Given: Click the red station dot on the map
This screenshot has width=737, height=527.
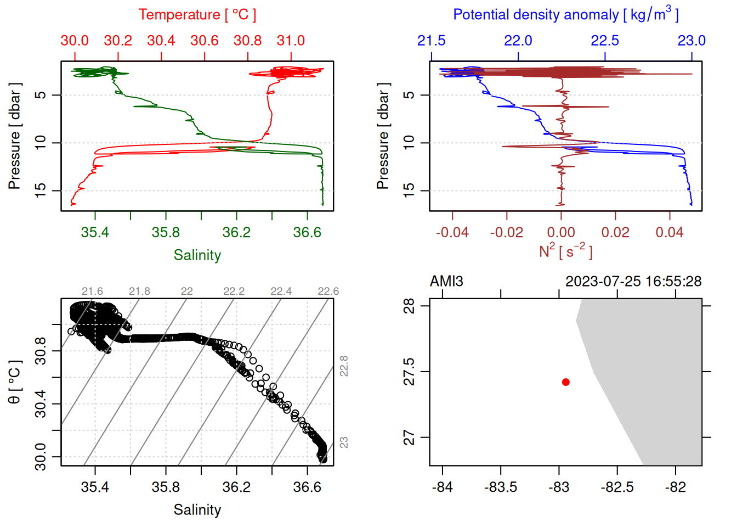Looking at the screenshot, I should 565,382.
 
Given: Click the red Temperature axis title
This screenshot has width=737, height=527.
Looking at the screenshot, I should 197,15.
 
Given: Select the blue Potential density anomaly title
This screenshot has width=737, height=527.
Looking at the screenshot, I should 565,15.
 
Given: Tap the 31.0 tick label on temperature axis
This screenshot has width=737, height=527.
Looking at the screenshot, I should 291,41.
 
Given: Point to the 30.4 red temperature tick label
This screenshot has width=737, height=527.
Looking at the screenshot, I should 161,41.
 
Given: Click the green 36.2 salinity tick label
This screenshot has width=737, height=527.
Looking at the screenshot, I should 236,232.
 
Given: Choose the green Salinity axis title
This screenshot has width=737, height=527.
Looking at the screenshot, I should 197,255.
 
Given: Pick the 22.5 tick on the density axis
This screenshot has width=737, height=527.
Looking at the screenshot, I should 605,41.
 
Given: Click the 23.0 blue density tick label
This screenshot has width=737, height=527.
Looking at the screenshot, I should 691,41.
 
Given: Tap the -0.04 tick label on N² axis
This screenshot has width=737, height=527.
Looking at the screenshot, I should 452,232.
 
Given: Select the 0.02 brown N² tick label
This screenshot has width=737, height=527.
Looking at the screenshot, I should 615,232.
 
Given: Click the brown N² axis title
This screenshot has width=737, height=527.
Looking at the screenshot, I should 565,251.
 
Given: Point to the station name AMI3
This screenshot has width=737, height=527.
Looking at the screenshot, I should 446,282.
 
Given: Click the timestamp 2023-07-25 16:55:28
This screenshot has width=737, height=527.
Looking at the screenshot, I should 633,282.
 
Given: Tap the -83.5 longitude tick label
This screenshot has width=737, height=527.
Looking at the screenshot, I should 501,487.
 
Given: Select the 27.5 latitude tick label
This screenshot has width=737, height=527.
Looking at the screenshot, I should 409,372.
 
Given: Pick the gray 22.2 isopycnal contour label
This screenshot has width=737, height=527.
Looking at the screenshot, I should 234,291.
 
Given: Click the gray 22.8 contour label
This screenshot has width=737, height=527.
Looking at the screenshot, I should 344,366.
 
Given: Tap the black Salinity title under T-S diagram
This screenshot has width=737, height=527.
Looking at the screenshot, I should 197,510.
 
